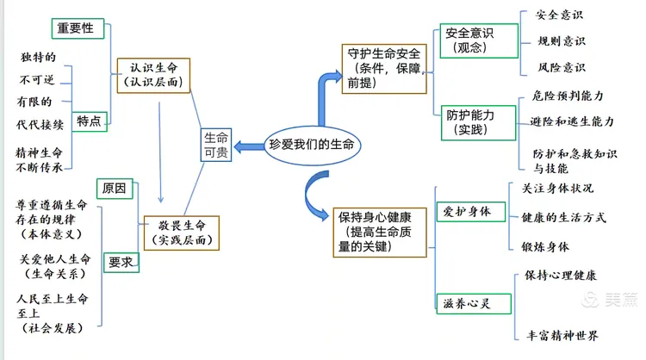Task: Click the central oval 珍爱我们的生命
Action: point(312,145)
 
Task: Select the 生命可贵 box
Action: point(215,145)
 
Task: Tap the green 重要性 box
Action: point(78,28)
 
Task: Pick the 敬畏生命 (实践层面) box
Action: point(180,231)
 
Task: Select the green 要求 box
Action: point(121,261)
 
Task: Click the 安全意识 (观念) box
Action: point(478,40)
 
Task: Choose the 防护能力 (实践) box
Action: point(471,122)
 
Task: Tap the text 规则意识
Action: point(562,40)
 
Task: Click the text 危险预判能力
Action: point(568,96)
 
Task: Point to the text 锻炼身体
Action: point(545,246)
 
